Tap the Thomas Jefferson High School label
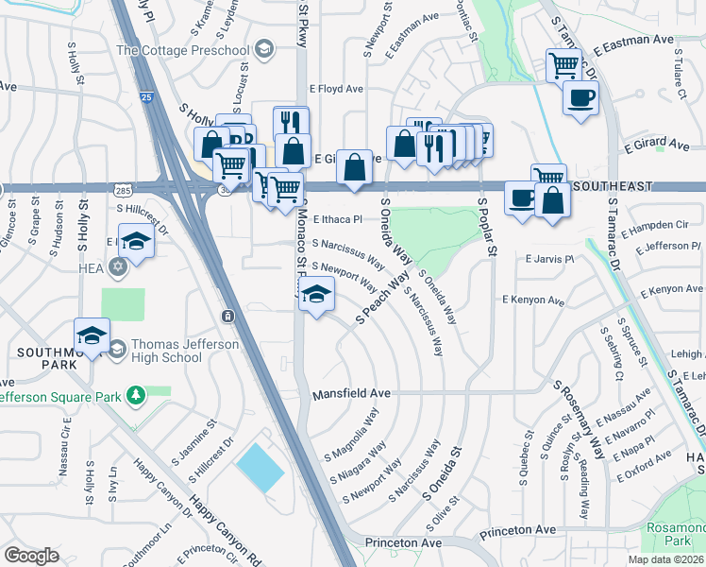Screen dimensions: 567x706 pyautogui.click(x=184, y=352)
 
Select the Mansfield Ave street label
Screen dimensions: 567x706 pyautogui.click(x=351, y=392)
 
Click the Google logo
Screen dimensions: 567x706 pyautogui.click(x=31, y=556)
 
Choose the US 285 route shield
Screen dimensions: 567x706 pyautogui.click(x=124, y=192)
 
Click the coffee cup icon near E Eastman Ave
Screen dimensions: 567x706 pyautogui.click(x=580, y=96)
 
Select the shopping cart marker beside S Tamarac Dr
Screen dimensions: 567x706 pyautogui.click(x=563, y=65)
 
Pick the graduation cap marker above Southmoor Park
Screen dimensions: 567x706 pyautogui.click(x=92, y=335)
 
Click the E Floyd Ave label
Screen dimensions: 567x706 pyautogui.click(x=340, y=89)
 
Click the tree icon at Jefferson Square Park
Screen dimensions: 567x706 pyautogui.click(x=137, y=392)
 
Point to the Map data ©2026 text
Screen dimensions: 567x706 pyautogui.click(x=666, y=559)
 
